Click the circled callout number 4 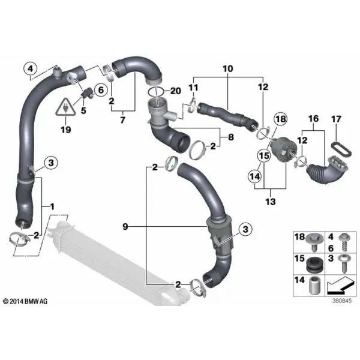[31, 68]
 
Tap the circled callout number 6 [101, 90]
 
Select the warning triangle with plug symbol [65, 107]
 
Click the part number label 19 [65, 130]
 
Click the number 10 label [228, 68]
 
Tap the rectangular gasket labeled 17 [341, 149]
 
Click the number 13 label [270, 202]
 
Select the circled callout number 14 [255, 176]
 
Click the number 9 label [125, 227]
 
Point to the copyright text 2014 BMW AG [25, 301]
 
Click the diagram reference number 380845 [341, 301]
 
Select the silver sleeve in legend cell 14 [314, 286]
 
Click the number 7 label [122, 119]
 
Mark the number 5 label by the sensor [83, 110]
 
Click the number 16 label [313, 119]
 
